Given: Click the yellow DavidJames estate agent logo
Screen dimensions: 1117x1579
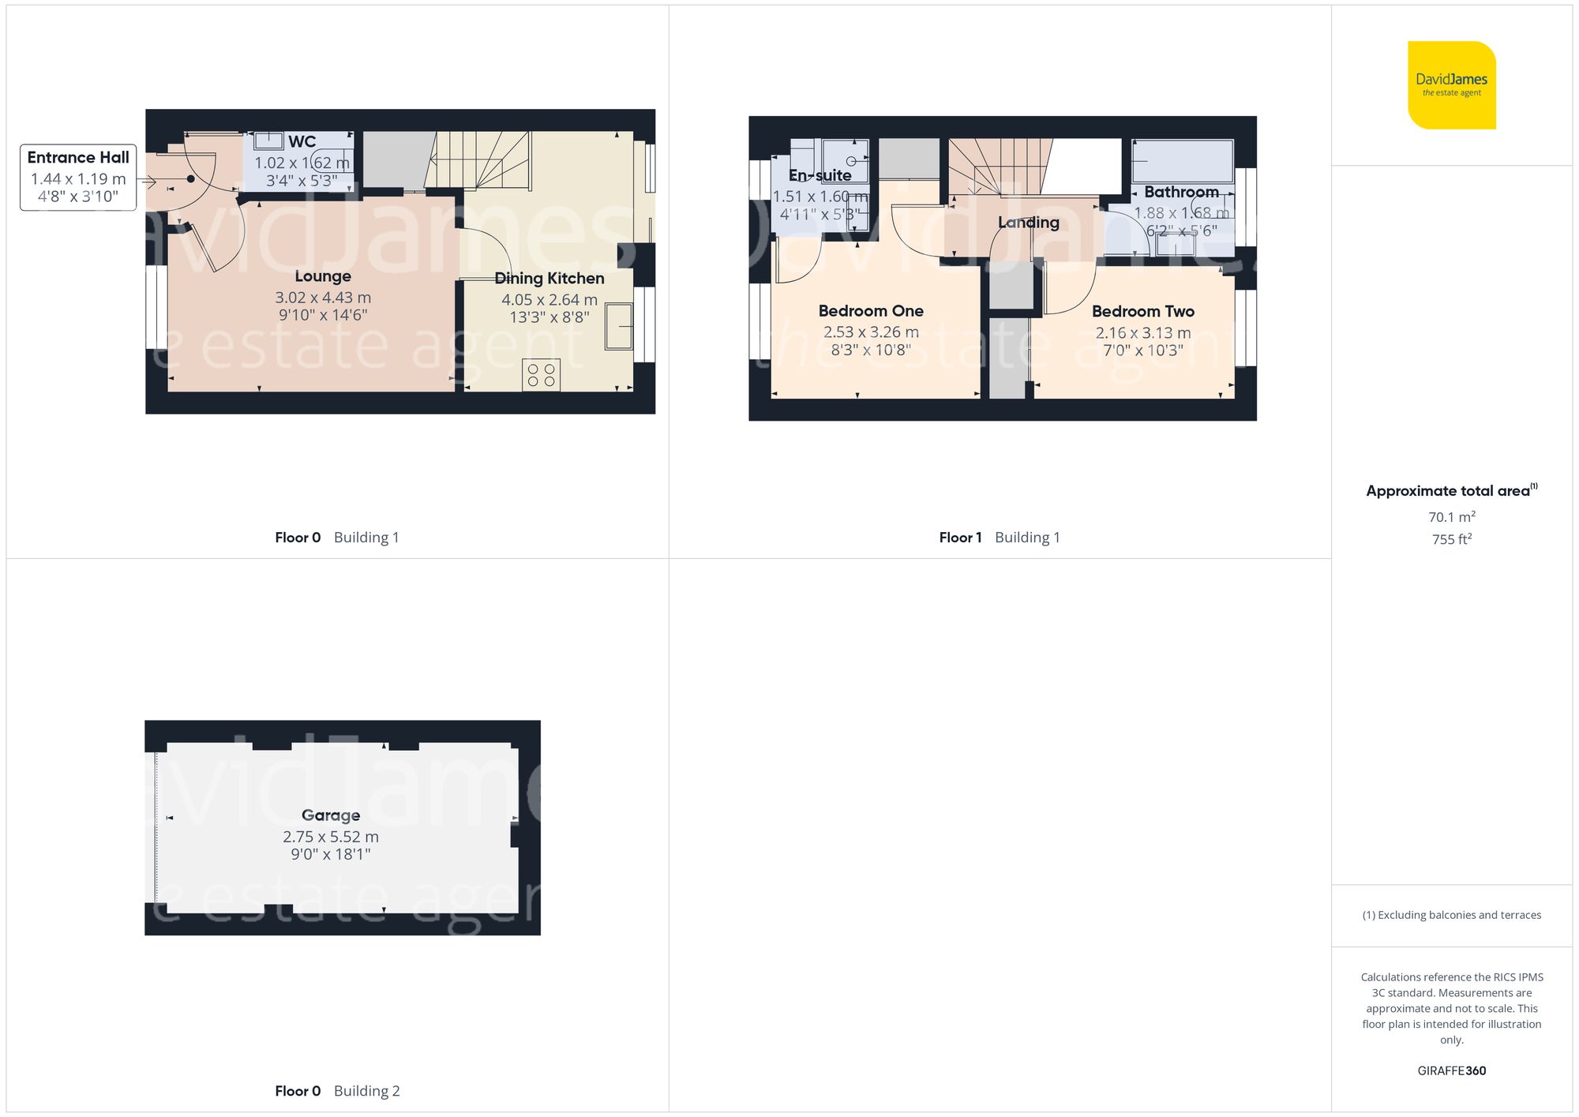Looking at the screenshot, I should point(1451,85).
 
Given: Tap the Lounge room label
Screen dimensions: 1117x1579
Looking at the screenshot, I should point(323,276).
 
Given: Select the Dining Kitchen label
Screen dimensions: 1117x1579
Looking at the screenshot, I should point(549,279).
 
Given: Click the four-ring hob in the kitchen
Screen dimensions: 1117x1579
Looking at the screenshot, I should point(542,375).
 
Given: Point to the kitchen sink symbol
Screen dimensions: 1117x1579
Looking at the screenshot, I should point(619,326).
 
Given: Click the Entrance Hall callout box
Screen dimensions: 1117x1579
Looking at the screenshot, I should point(78,177).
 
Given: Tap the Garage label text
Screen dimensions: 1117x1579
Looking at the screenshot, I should point(331,815).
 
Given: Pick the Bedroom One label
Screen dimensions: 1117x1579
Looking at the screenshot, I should point(871,311).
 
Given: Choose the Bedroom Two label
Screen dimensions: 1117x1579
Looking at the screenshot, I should point(1142,312).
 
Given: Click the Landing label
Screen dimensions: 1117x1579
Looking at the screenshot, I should point(1028,223).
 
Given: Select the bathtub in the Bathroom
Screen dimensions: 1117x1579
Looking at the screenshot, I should point(1182,162).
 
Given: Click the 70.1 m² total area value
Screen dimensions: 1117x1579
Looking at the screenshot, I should point(1451,517).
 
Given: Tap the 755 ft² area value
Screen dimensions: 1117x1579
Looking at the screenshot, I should point(1451,539).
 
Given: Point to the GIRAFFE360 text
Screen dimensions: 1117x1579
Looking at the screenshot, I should point(1451,1071).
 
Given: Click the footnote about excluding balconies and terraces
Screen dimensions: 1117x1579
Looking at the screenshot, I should point(1451,915).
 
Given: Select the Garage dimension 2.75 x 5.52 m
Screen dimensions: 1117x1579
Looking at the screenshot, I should point(331,837).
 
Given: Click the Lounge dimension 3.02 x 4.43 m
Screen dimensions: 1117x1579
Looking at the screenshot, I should point(323,298).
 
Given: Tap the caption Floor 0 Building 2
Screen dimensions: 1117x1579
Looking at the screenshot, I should point(337,1091).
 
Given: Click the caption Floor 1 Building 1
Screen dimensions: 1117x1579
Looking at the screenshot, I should point(1000,538).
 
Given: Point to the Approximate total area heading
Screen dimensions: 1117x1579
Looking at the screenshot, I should point(1451,491).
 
